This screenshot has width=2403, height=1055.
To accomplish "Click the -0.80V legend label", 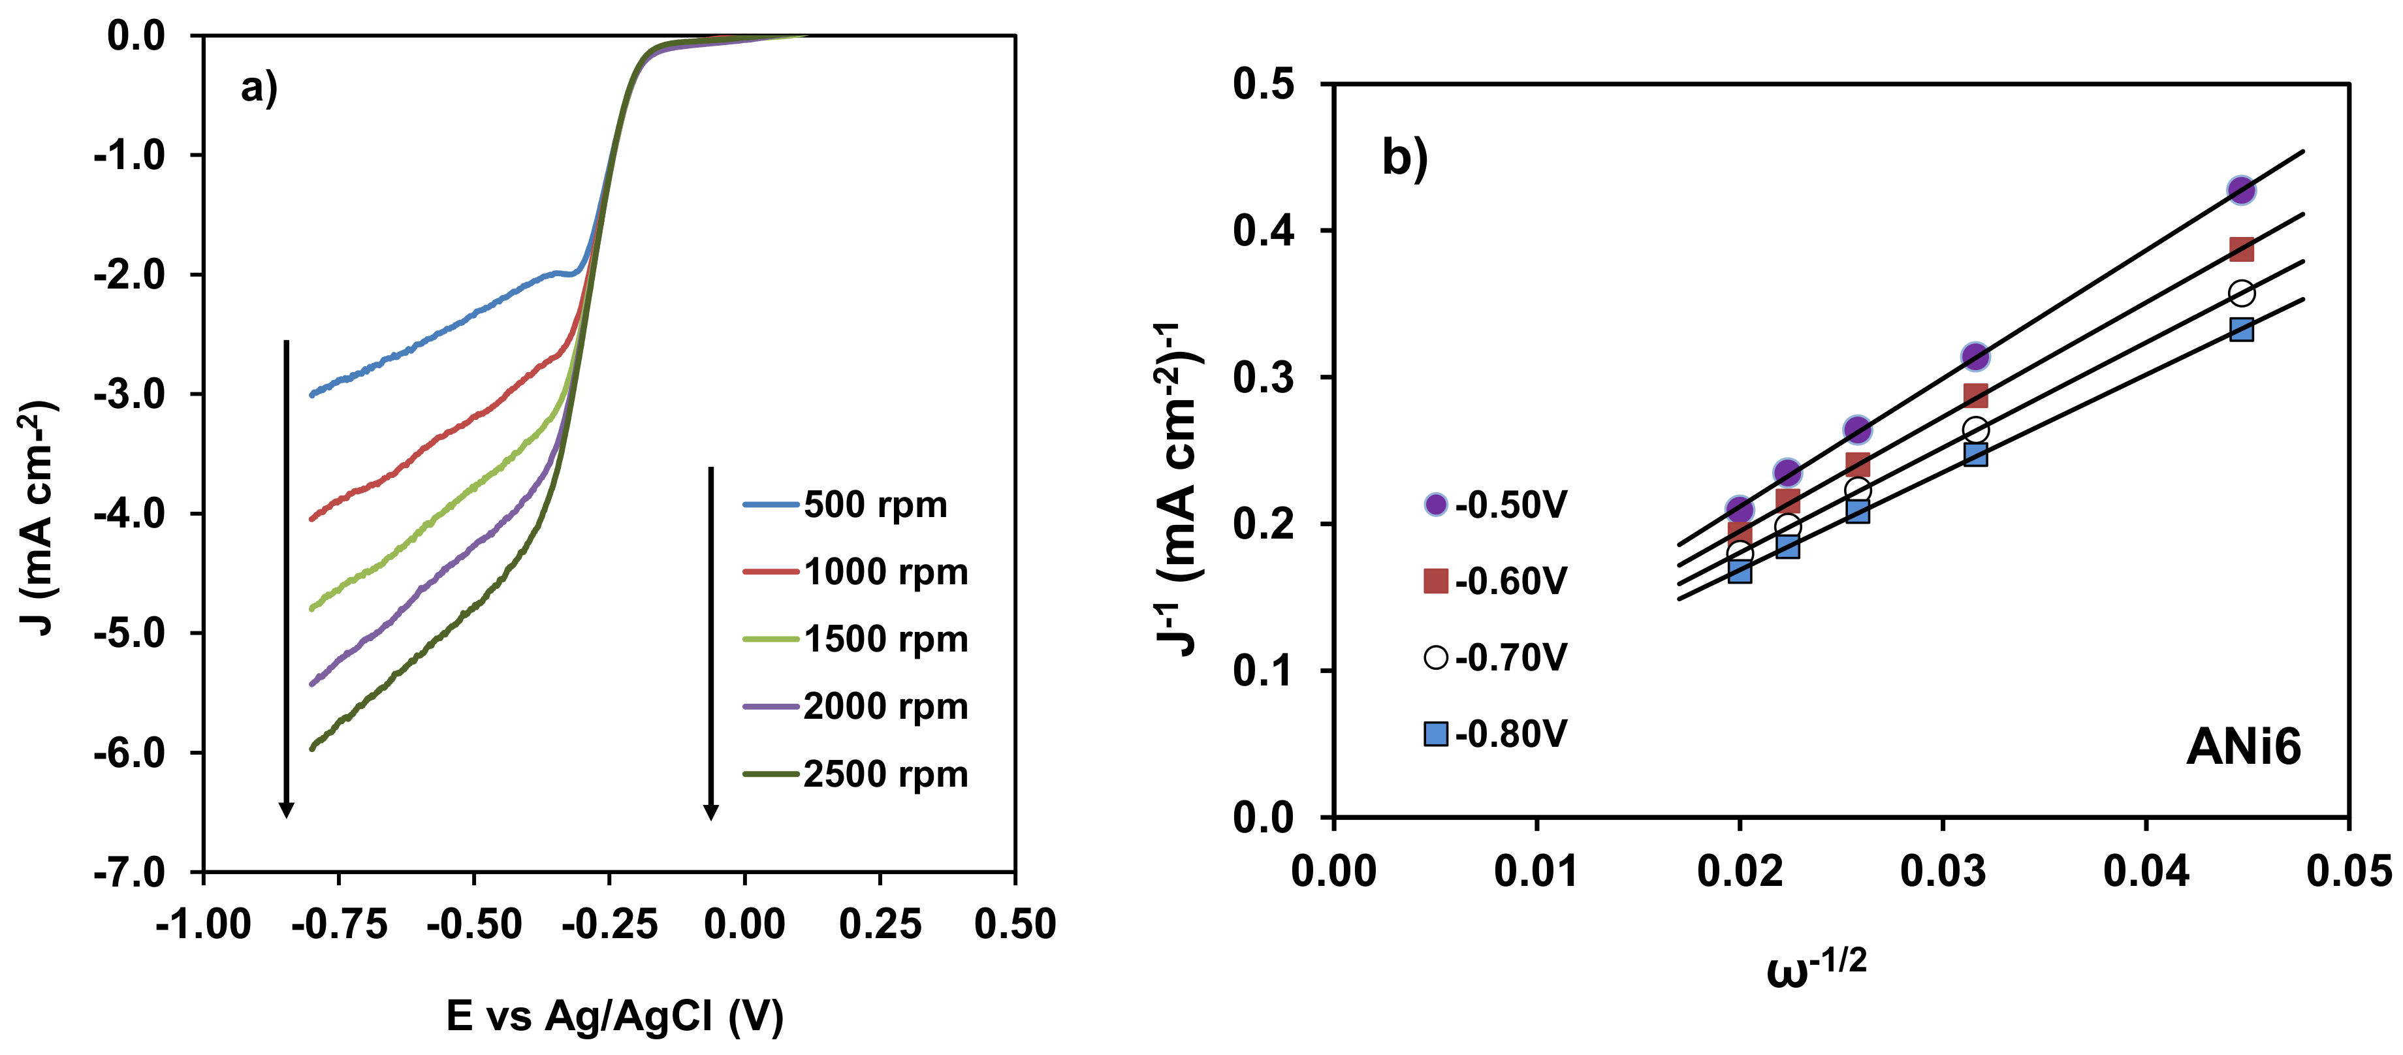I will click(x=1511, y=734).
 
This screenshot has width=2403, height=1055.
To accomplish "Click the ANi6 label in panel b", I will click(x=2242, y=747).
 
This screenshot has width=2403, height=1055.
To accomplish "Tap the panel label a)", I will click(x=259, y=89).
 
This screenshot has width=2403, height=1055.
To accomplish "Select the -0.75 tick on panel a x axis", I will click(x=339, y=924).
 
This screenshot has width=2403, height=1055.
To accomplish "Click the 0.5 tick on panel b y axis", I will click(x=1264, y=85).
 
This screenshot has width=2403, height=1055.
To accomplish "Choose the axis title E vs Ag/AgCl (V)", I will click(x=614, y=1016).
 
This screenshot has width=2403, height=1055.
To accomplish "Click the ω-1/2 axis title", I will click(x=1815, y=968).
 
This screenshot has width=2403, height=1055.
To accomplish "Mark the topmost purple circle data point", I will click(x=2240, y=190).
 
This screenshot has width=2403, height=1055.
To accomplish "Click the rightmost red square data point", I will click(x=2240, y=249).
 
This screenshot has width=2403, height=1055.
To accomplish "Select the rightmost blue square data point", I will click(x=2240, y=329).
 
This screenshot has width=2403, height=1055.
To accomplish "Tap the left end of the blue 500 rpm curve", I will click(x=313, y=394).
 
